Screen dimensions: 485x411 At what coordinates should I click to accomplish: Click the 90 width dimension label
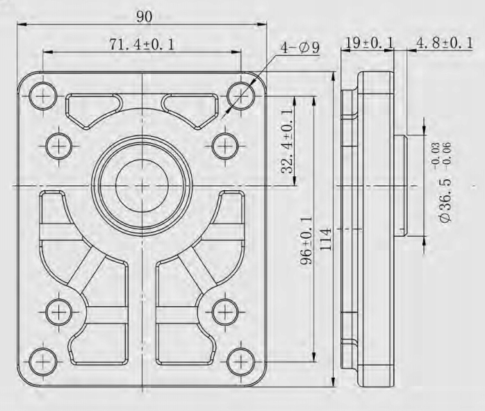pyautogui.click(x=145, y=17)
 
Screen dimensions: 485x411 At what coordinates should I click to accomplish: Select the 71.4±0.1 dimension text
pyautogui.click(x=142, y=44)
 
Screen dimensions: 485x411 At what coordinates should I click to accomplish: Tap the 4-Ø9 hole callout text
pyautogui.click(x=299, y=48)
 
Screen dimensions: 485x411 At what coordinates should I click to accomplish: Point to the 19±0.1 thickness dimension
pyautogui.click(x=369, y=42)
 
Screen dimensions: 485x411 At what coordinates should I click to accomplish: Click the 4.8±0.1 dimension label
pyautogui.click(x=445, y=42)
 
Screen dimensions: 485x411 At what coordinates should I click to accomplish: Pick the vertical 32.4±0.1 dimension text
pyautogui.click(x=287, y=141)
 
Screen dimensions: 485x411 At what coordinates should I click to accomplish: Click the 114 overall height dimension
pyautogui.click(x=325, y=239)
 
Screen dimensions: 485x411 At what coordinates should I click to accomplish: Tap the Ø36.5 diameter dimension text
pyautogui.click(x=445, y=200)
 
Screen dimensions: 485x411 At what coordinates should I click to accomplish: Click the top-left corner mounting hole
pyautogui.click(x=43, y=96)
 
